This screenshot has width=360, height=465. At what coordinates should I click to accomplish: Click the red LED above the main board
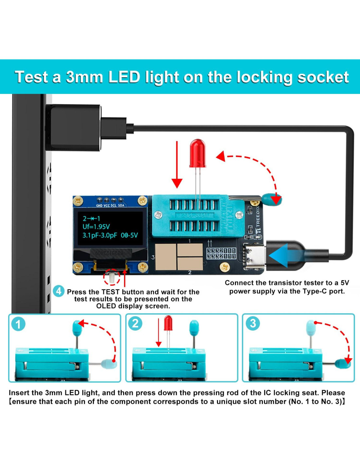click(198, 153)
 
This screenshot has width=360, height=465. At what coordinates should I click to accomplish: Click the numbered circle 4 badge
click(59, 291)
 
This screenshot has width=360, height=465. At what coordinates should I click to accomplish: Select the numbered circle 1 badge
click(18, 324)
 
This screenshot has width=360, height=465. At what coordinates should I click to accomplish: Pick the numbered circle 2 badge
click(135, 323)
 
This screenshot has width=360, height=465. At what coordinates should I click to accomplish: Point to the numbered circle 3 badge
click(253, 323)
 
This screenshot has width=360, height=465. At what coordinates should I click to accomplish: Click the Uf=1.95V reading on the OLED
click(96, 227)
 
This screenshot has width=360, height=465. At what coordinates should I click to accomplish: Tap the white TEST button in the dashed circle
click(112, 278)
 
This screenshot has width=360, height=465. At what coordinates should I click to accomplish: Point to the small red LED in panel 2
click(168, 323)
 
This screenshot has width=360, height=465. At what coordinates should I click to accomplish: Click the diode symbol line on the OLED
click(91, 218)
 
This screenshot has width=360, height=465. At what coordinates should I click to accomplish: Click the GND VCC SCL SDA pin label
click(110, 205)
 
